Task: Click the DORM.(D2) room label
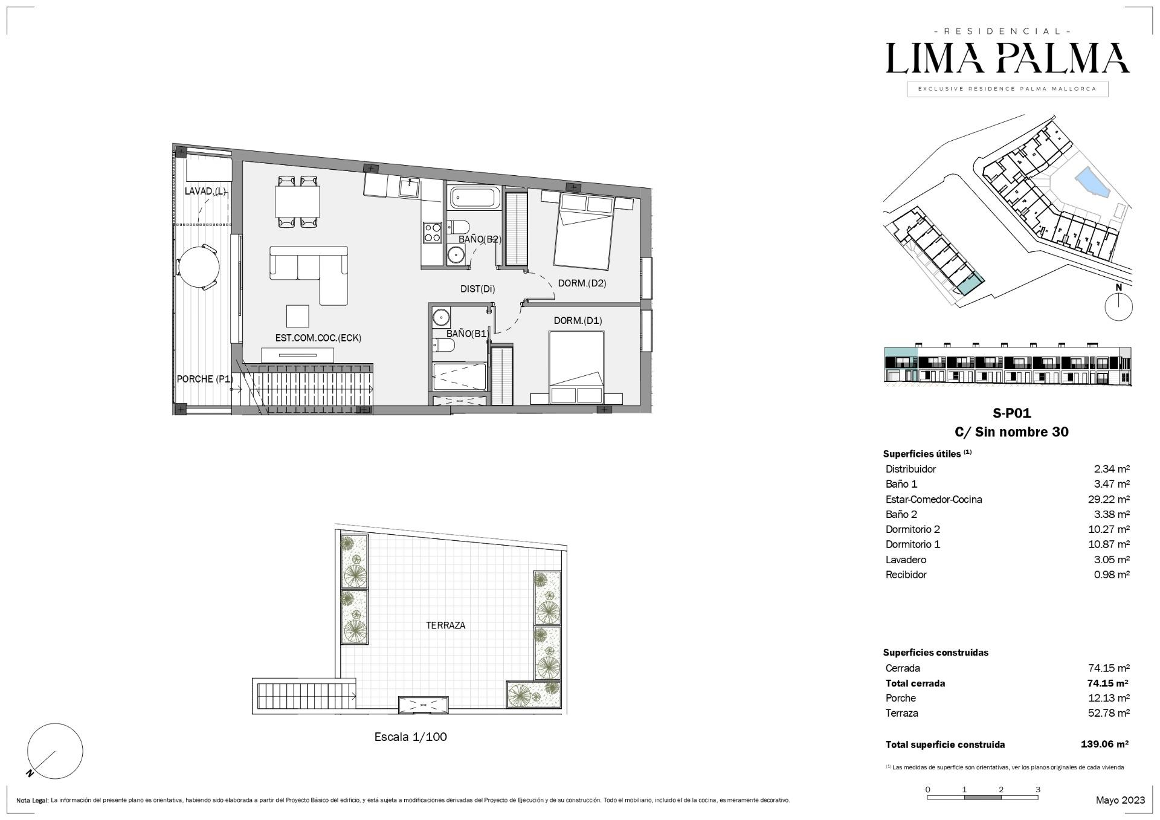point(582,283)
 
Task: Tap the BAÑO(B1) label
point(467,333)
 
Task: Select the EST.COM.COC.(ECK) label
point(318,338)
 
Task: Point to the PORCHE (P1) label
point(205,379)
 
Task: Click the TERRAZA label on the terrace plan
point(446,625)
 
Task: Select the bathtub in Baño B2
point(475,198)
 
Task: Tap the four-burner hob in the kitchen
point(432,233)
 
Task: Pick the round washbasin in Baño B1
point(441,317)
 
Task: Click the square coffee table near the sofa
point(297,315)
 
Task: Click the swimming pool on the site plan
point(1093,184)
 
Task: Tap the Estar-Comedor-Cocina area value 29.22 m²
point(1109,499)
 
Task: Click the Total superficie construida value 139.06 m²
point(1104,744)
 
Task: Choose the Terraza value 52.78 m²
point(1109,713)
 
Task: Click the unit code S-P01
point(1011,413)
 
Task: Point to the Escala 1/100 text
point(411,737)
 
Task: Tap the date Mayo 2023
point(1120,800)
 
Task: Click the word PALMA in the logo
point(1063,58)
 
